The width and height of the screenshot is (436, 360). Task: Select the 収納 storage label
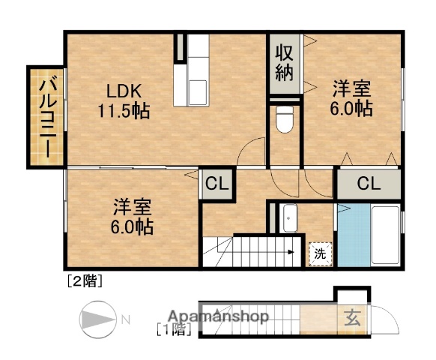(284, 63)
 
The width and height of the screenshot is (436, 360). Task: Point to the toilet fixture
(284, 120)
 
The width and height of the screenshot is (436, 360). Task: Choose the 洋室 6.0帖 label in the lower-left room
(133, 216)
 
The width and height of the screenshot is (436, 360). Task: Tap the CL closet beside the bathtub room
(368, 183)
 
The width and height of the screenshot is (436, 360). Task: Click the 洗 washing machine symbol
(320, 253)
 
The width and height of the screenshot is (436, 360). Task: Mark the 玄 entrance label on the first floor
(351, 316)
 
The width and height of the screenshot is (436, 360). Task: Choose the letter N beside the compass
(125, 320)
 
